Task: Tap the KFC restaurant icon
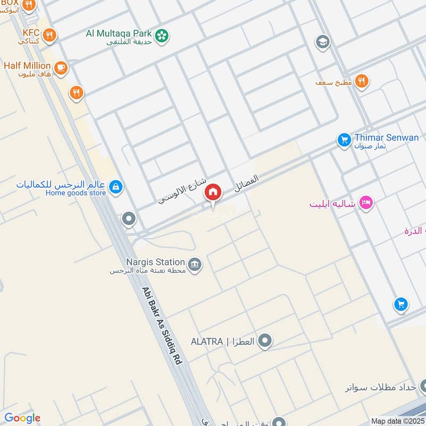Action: coord(50,35)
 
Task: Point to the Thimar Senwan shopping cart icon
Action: coord(344,140)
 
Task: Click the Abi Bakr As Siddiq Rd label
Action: coord(162,326)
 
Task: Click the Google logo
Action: coord(22,418)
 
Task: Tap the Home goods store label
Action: coord(76,193)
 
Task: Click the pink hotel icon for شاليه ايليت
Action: coord(366,202)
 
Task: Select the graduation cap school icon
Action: coord(322,42)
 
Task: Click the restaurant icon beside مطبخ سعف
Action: coord(362,81)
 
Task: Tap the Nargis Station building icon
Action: coord(195,264)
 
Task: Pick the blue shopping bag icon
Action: coord(116,187)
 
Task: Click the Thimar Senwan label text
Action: coord(387,137)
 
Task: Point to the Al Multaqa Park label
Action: coord(119,34)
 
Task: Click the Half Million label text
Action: coord(28,65)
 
